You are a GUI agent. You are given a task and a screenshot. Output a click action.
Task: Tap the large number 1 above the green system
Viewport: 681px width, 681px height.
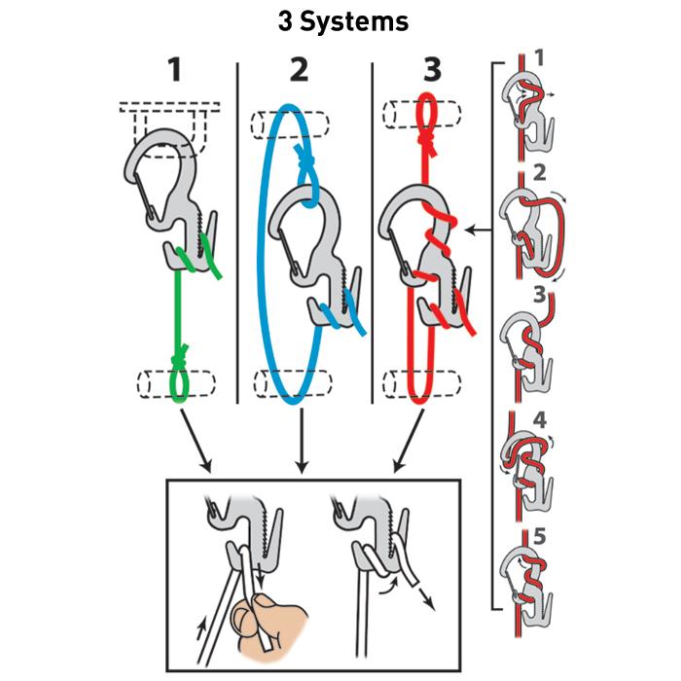coord(174,72)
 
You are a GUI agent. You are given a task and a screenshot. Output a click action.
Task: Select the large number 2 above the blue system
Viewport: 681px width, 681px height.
coord(300,72)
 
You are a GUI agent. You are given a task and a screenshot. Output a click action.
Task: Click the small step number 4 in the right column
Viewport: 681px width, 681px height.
coord(538,425)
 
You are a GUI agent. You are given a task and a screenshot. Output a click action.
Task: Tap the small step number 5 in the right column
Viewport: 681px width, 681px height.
coord(538,535)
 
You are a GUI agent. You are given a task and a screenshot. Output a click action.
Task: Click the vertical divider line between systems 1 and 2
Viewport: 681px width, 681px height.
coord(238,233)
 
